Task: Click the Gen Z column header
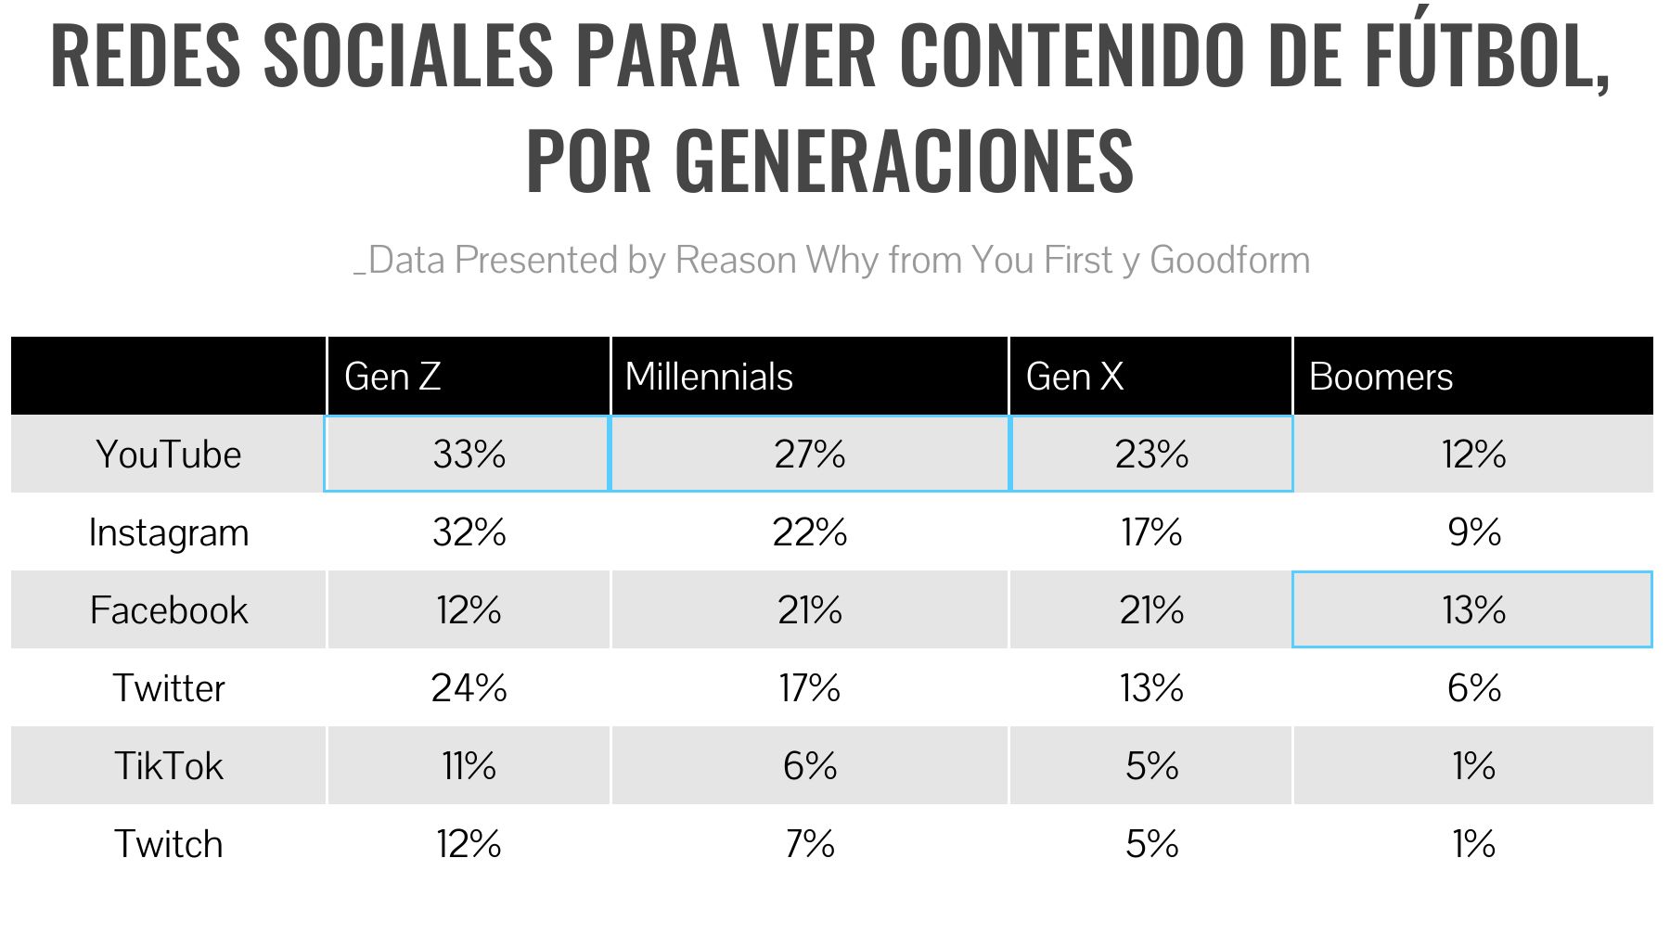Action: click(392, 377)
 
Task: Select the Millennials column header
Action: click(709, 377)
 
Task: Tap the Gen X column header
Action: click(1074, 377)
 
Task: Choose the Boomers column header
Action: click(1381, 377)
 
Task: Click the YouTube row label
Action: click(169, 455)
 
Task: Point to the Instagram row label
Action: click(169, 533)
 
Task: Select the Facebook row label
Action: click(169, 610)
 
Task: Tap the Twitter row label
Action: click(169, 688)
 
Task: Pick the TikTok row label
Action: click(169, 766)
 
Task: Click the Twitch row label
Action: click(169, 844)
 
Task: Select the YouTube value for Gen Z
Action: click(469, 455)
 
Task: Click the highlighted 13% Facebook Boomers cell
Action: click(1472, 609)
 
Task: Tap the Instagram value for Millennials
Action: click(810, 532)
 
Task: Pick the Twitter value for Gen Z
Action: click(469, 688)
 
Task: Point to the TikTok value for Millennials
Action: click(810, 766)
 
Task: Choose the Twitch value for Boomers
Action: click(1473, 844)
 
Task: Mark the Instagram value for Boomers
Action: click(1473, 532)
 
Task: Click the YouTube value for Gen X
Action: click(1151, 455)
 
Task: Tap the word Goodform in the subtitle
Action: click(1229, 261)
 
